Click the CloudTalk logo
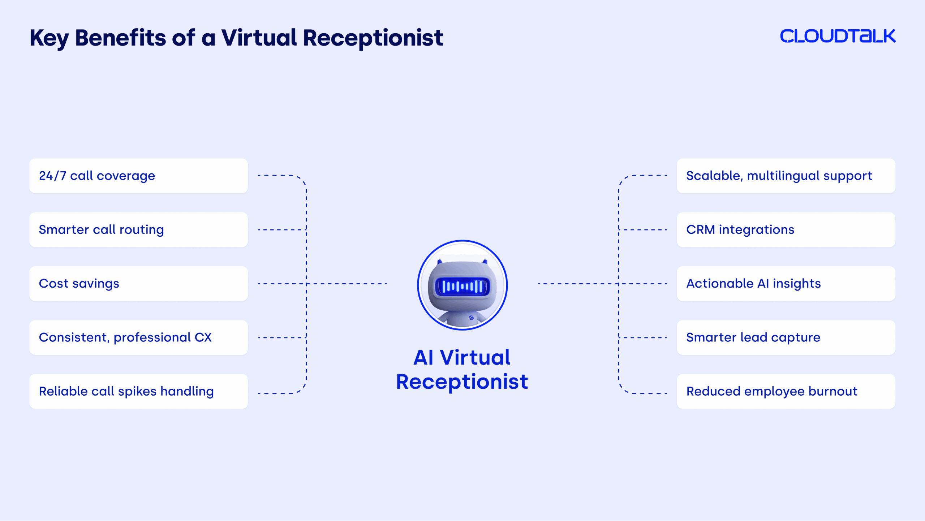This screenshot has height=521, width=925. tap(838, 36)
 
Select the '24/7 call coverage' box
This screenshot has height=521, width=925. tap(138, 176)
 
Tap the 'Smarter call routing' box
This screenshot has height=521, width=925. tap(138, 230)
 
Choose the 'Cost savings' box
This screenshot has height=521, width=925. tap(138, 284)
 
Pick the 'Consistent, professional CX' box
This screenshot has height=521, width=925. tap(138, 337)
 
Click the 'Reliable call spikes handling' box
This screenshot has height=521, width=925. tap(138, 391)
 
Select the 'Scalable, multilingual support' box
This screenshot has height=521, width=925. tap(786, 176)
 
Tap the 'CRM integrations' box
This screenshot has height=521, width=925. tap(786, 230)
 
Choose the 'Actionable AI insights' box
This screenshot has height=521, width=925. tap(786, 284)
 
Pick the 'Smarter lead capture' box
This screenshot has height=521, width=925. tap(786, 337)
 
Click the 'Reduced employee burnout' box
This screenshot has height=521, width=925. tap(786, 391)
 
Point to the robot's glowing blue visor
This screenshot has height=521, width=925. tap(462, 287)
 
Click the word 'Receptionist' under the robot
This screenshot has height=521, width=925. tap(462, 382)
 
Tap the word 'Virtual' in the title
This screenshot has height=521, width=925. tap(259, 38)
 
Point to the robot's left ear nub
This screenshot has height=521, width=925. tap(440, 262)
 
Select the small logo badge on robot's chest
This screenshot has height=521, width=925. tap(472, 318)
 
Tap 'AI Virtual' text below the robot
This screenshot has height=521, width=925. tap(462, 358)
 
